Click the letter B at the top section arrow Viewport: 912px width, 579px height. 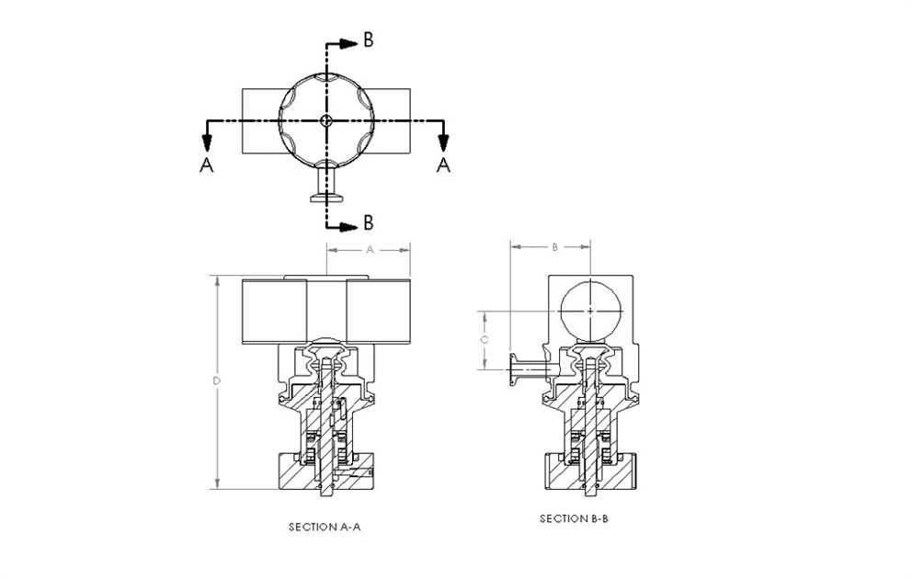coord(367,40)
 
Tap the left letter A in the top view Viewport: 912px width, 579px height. coord(206,165)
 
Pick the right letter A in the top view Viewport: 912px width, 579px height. coord(443,165)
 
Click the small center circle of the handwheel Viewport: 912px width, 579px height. coord(325,121)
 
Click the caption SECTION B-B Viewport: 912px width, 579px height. coord(575,519)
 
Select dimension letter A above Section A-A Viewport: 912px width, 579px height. coord(370,249)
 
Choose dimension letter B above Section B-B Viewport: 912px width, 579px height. coord(553,247)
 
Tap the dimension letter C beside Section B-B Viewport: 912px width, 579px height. coord(484,339)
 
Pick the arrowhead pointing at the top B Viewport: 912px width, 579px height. coord(348,42)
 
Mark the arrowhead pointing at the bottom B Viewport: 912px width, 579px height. coord(348,223)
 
